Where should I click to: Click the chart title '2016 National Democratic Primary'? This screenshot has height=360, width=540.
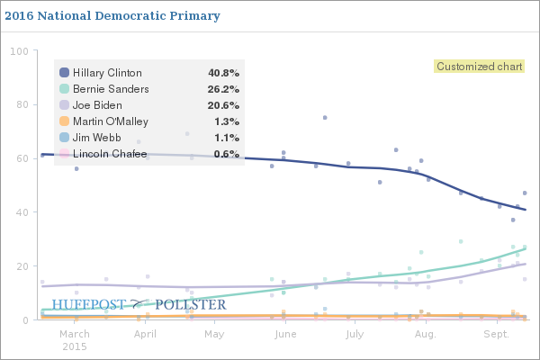[x=112, y=16]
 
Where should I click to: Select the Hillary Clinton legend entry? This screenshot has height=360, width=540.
[x=106, y=73]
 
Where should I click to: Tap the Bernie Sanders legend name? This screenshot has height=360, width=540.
[x=108, y=89]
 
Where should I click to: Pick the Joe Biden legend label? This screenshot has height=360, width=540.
[x=97, y=105]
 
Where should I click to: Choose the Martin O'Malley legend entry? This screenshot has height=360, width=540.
[x=109, y=121]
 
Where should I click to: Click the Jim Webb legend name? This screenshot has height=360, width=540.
[x=96, y=138]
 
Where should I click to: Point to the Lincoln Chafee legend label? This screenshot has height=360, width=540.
[x=109, y=154]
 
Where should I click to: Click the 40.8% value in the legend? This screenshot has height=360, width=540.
[x=222, y=73]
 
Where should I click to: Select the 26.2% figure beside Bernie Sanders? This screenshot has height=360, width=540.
[x=222, y=89]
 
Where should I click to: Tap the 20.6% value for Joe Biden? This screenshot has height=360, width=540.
[x=222, y=105]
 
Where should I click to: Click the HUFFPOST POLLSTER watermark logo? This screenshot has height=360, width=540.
[x=139, y=305]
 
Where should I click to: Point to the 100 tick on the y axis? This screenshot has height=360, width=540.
[x=18, y=50]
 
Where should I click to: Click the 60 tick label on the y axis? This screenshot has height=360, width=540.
[x=21, y=158]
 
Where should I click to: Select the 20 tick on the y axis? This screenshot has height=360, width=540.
[x=21, y=266]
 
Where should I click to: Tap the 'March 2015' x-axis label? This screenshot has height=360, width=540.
[x=75, y=339]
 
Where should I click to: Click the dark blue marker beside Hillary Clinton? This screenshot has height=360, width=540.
[x=64, y=73]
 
